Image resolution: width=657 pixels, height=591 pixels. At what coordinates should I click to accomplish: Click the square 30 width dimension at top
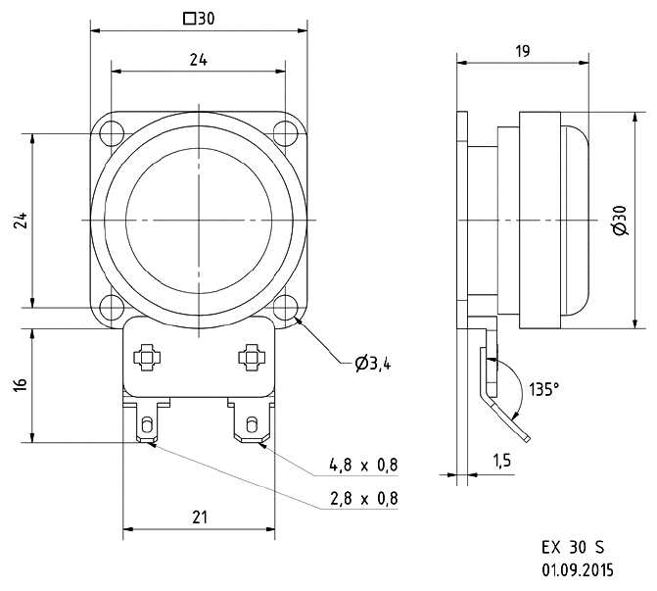point(199,18)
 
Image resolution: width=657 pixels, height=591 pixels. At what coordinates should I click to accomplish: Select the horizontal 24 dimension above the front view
point(198,60)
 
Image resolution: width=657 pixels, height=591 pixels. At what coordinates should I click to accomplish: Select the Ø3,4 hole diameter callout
point(373,364)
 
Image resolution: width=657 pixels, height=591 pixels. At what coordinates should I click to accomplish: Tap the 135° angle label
point(543,389)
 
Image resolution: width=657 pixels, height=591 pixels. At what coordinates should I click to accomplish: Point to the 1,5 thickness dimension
point(501,459)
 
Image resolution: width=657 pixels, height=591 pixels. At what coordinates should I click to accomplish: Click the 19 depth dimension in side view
point(522,50)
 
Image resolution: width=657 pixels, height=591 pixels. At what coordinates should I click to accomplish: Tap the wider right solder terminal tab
point(251,423)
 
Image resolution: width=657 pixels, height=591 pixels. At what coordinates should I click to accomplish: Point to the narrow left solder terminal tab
point(147,424)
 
